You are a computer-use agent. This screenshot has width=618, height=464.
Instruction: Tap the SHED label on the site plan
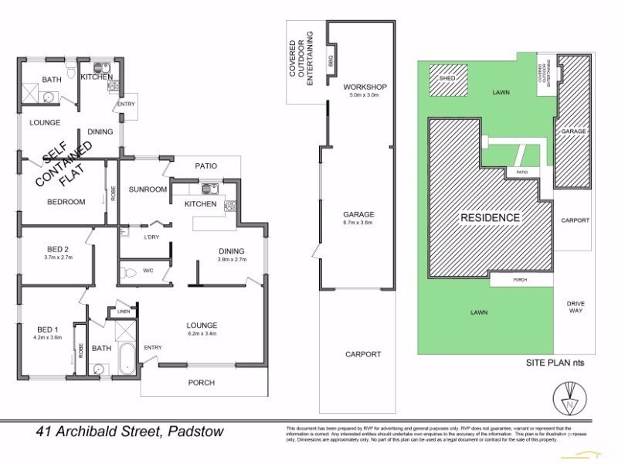[447, 79]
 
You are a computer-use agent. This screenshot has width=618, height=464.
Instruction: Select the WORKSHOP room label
[365, 87]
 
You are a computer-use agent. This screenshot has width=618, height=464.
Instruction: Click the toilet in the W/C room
[129, 271]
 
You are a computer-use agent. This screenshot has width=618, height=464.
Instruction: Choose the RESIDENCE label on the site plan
[491, 217]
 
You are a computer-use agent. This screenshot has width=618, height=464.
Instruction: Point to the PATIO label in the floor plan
[205, 165]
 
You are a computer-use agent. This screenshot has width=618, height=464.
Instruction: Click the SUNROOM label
[148, 189]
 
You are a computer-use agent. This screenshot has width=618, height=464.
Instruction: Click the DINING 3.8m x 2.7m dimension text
[231, 260]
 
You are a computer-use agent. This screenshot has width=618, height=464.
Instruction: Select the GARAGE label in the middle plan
[359, 214]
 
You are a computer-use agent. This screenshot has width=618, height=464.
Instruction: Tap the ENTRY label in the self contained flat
[126, 104]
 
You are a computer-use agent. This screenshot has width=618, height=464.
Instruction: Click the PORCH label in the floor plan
[202, 383]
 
